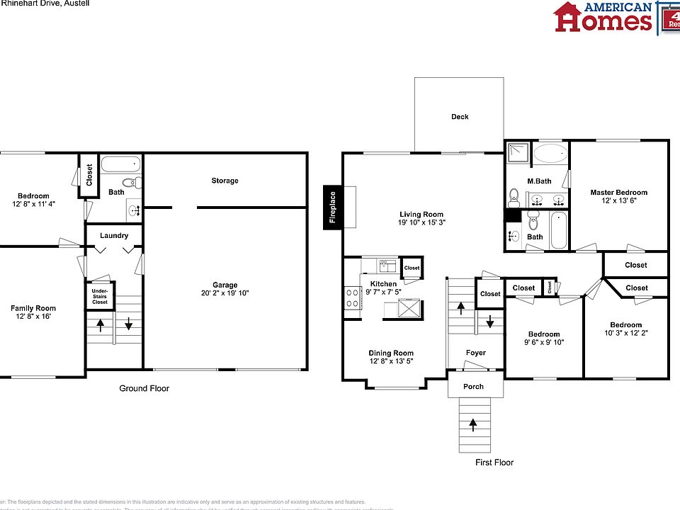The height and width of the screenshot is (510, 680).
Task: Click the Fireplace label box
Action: [x=331, y=207]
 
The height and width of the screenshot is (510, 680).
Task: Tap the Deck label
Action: [x=460, y=117]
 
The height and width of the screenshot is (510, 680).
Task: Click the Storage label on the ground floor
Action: [x=225, y=181]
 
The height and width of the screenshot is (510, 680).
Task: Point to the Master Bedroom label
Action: [x=618, y=193]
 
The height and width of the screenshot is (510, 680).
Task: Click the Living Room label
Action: [x=421, y=215]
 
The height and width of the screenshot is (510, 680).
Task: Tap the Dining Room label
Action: [x=390, y=353]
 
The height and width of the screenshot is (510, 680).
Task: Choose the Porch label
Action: [x=473, y=386]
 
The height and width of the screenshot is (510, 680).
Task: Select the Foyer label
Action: [x=475, y=353]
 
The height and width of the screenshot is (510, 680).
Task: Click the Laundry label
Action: [x=114, y=236]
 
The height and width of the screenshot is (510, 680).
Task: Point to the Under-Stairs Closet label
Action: [x=100, y=295]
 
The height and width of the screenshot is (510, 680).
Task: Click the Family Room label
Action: [x=33, y=308]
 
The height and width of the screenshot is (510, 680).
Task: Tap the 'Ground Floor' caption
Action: [x=143, y=388]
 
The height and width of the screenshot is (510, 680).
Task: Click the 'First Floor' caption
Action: [x=494, y=463]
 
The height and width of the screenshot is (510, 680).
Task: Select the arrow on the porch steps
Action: [x=472, y=424]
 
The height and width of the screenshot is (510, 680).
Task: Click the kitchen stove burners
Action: [x=352, y=297]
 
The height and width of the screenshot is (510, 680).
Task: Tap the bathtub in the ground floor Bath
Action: [x=121, y=165]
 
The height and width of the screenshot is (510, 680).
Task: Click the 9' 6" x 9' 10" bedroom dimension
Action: [x=544, y=343]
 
